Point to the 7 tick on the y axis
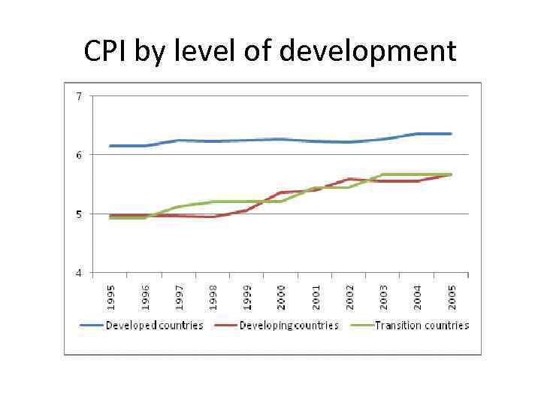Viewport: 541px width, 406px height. click(78, 95)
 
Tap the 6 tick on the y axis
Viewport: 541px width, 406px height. click(78, 154)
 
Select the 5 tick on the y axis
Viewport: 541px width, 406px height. click(78, 214)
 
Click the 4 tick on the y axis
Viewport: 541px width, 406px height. click(78, 272)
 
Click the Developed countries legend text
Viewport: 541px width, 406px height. click(154, 326)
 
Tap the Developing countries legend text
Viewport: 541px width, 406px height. click(289, 326)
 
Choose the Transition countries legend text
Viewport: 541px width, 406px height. click(422, 326)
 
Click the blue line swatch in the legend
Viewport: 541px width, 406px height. click(92, 326)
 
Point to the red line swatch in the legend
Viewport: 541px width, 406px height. click(226, 326)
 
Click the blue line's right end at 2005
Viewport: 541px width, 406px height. click(452, 134)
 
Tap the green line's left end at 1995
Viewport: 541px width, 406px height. click(110, 218)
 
